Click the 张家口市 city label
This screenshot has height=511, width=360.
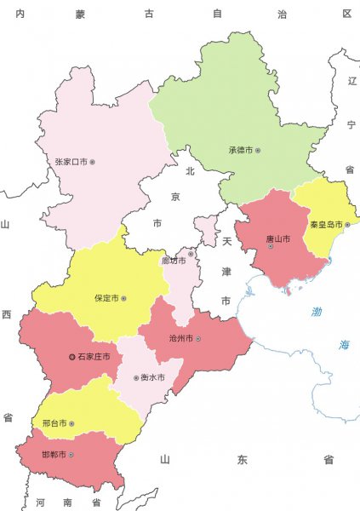(x=71, y=161)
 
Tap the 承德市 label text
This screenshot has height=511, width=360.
(x=240, y=150)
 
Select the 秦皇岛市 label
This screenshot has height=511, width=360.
(x=324, y=225)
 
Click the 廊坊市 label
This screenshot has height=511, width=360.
(x=174, y=260)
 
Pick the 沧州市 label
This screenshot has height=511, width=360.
(x=180, y=339)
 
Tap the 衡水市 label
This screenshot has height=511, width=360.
(x=152, y=377)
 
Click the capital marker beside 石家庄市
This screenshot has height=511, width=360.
(x=71, y=357)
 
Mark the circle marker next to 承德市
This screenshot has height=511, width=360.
(x=258, y=151)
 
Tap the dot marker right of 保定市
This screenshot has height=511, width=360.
(x=123, y=299)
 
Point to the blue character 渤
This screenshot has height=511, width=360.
(x=317, y=312)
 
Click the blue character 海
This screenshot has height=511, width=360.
(x=345, y=344)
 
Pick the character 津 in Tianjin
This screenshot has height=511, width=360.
(x=226, y=271)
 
